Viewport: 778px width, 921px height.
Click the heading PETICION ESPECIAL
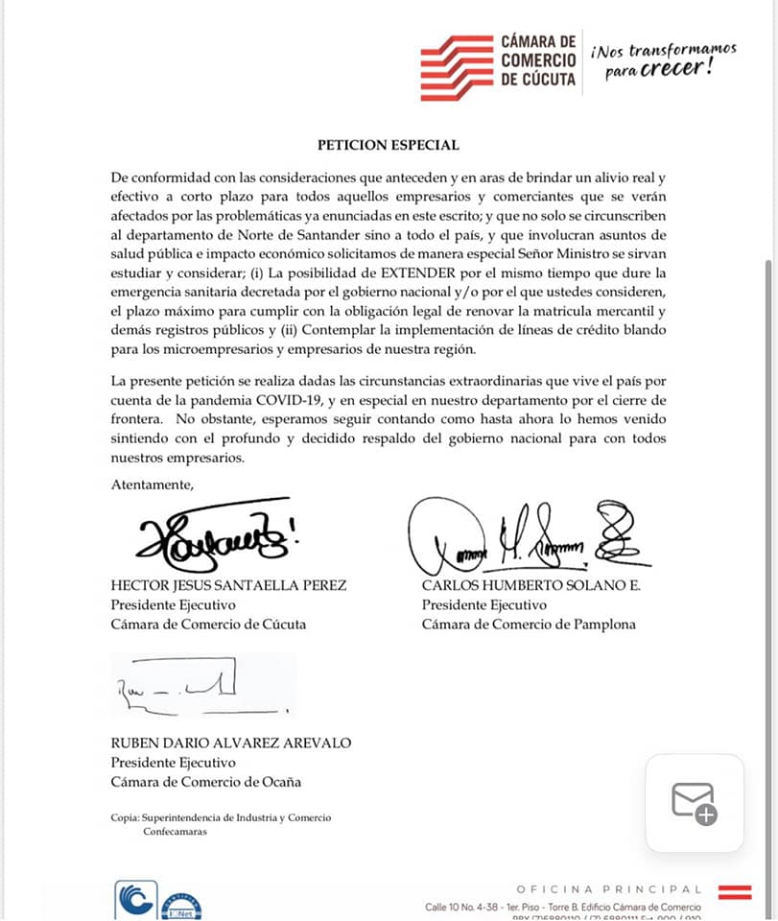click(389, 145)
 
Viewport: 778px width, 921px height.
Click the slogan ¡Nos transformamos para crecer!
click(663, 59)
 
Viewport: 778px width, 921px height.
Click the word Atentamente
click(152, 484)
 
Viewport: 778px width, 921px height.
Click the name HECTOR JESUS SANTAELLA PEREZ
click(228, 586)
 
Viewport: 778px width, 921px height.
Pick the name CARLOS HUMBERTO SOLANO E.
click(530, 586)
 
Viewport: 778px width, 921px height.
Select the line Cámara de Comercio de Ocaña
click(206, 781)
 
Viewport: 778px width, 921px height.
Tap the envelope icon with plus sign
click(694, 803)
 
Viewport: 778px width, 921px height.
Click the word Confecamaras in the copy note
click(175, 832)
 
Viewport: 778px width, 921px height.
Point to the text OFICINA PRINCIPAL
click(609, 889)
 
